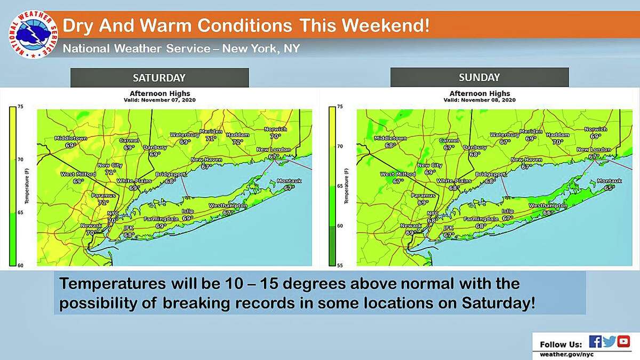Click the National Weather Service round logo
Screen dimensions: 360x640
tap(33, 35)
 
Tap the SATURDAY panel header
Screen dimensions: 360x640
tap(159, 78)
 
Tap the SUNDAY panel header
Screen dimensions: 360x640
tap(479, 78)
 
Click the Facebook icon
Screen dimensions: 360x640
tap(595, 342)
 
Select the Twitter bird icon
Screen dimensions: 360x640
tap(609, 342)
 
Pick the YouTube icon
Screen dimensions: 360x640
tap(623, 342)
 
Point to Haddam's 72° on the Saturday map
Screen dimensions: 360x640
tap(237, 142)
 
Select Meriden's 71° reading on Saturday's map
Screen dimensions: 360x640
tap(211, 138)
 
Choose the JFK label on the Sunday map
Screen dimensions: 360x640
tap(449, 228)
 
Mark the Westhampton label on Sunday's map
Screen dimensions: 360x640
tap(548, 205)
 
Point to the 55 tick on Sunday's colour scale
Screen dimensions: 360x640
tap(339, 265)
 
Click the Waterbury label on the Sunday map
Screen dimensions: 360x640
tap(505, 135)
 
